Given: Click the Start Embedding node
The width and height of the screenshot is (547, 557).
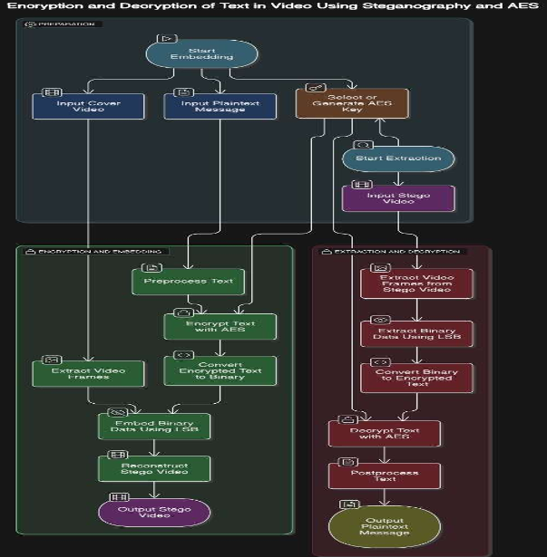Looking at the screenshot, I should [x=189, y=53].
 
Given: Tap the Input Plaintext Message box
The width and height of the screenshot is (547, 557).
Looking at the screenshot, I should [x=207, y=105].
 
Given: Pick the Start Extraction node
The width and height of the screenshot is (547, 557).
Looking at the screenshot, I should [x=397, y=158].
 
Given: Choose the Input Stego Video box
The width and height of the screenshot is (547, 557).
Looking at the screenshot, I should [x=398, y=197].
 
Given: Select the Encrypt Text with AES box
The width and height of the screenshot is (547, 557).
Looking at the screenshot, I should [x=220, y=326].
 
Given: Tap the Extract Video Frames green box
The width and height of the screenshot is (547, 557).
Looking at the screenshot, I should [x=88, y=372].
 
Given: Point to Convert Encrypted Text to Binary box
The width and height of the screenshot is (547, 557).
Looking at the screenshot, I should [x=220, y=370].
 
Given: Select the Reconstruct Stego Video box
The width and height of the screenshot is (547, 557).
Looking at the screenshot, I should [x=154, y=468].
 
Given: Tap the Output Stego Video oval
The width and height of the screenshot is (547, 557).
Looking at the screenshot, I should [x=153, y=513].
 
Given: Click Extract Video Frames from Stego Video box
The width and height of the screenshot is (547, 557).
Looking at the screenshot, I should [x=416, y=283].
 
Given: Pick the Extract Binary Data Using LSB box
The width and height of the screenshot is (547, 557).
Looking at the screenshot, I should [x=416, y=333].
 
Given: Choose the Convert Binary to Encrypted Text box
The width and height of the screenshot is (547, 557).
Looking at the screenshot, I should [x=416, y=378].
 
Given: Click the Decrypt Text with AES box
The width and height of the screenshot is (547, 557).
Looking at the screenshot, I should [x=384, y=433].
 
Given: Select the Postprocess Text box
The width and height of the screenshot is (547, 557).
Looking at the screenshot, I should [x=384, y=475].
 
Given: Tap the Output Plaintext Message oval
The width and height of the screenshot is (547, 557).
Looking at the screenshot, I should [x=384, y=526].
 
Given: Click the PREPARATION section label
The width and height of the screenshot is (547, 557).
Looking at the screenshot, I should [x=63, y=24].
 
